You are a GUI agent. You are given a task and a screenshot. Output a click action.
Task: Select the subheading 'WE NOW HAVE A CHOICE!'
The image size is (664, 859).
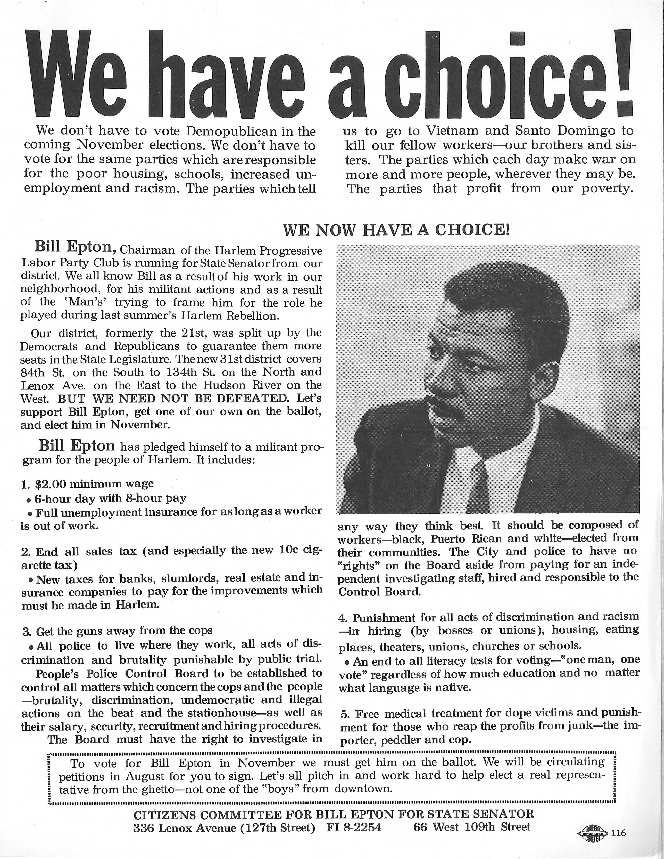[x=396, y=230]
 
